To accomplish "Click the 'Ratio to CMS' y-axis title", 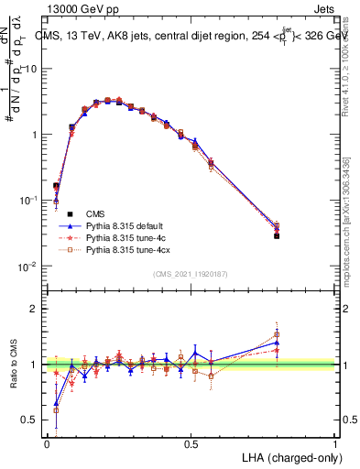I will click(14, 364).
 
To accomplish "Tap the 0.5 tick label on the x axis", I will click(191, 443).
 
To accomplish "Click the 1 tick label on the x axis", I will click(336, 443).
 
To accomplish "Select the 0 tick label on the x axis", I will click(47, 443).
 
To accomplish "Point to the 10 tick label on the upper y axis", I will click(31, 69).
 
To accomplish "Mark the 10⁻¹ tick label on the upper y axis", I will click(28, 200).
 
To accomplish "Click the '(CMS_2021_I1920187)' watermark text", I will click(190, 272).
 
